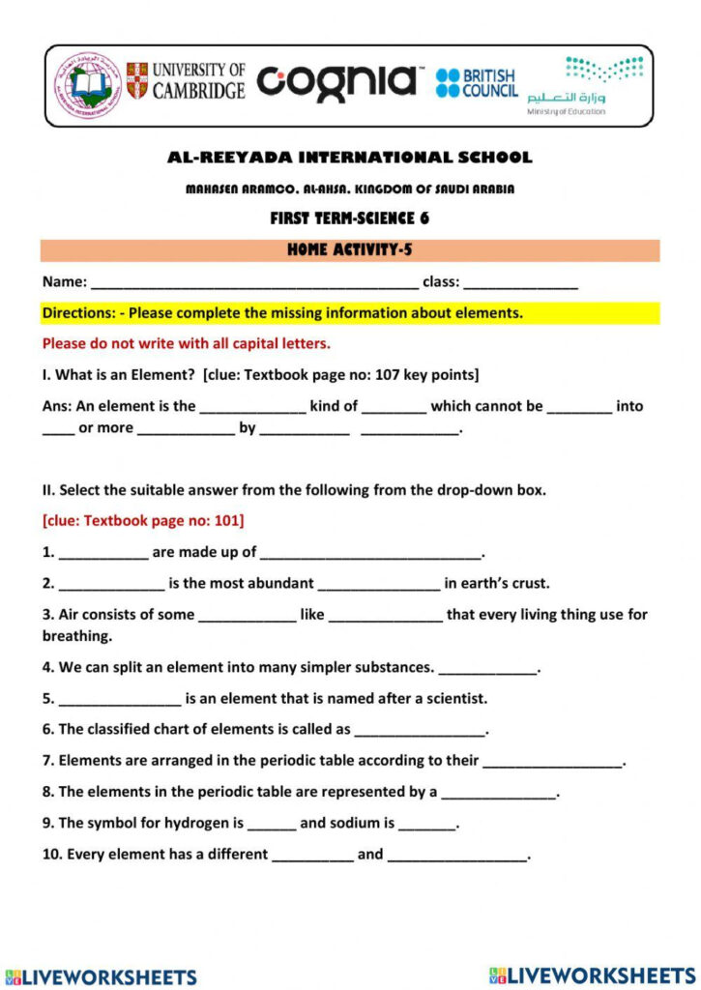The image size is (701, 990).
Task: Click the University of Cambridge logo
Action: [x=186, y=81]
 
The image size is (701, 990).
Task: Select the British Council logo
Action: [x=476, y=83]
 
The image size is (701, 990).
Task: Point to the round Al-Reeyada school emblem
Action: [x=87, y=85]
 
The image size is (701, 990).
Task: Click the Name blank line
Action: [x=254, y=284]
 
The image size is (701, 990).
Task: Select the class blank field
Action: [x=521, y=284]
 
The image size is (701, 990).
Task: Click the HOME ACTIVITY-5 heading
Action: [x=350, y=250]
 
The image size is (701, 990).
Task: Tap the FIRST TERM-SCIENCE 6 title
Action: [x=350, y=218]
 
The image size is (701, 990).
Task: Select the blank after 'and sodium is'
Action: [x=426, y=825]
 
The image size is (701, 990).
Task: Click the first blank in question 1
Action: [x=103, y=554]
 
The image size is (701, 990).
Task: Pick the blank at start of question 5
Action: [x=120, y=699]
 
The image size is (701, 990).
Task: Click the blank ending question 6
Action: [x=420, y=731]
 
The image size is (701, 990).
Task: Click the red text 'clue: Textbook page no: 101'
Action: [x=143, y=521]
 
